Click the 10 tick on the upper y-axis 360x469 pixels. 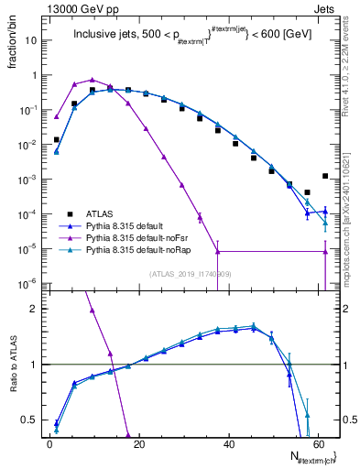[x=32, y=40]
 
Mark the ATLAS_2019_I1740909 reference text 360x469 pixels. [x=189, y=274]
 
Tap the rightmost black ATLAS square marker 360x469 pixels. [x=325, y=176]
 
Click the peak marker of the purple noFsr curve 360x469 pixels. [x=93, y=80]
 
